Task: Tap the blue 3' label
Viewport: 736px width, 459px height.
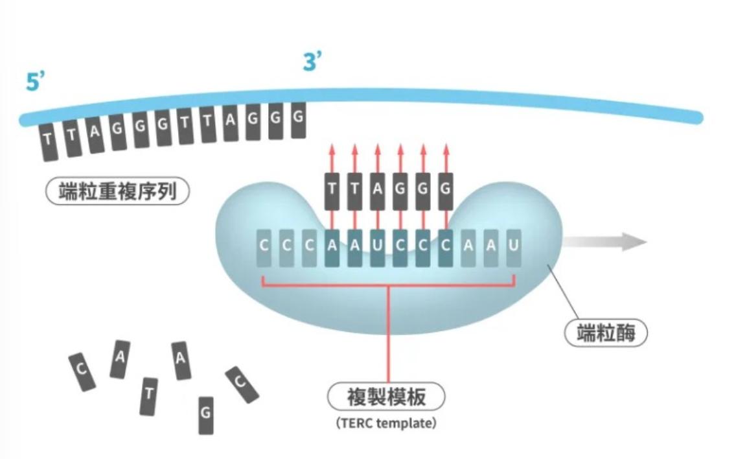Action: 313,63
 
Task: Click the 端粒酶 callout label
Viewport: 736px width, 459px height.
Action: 606,333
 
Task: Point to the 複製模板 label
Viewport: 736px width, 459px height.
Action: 386,397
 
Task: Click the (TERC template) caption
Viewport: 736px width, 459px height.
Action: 386,424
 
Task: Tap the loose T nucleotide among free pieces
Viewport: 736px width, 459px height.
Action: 148,395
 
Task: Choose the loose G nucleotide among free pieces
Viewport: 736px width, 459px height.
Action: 205,414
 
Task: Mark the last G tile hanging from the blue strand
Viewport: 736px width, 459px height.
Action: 298,120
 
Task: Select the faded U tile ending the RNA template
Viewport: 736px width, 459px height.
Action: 514,247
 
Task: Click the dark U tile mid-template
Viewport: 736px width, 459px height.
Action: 378,247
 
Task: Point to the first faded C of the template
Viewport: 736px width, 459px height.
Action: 264,247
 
